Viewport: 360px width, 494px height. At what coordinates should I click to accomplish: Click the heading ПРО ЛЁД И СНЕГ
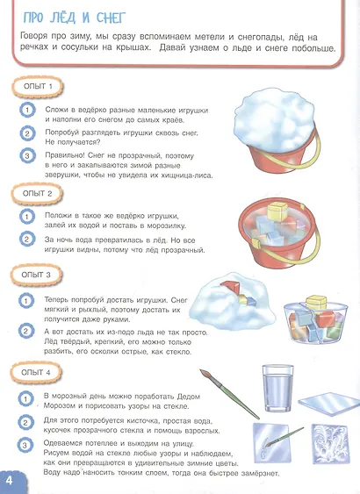(x=75, y=18)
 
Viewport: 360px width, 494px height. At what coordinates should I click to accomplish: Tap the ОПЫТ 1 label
(x=38, y=86)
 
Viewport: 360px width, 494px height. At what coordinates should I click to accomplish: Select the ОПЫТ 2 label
(x=37, y=193)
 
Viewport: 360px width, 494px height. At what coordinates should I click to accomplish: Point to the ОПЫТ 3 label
(x=36, y=275)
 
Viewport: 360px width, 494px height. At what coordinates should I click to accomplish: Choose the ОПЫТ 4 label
(x=36, y=372)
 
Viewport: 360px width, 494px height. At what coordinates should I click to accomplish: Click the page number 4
(x=10, y=481)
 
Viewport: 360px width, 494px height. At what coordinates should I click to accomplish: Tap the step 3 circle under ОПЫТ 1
(x=27, y=156)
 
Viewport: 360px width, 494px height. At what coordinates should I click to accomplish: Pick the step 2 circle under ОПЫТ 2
(x=27, y=240)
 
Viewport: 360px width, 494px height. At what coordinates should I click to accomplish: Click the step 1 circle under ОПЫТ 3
(x=26, y=301)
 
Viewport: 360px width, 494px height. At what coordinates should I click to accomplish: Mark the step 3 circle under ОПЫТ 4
(x=25, y=446)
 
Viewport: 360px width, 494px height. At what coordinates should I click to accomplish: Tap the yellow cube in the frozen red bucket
(x=277, y=211)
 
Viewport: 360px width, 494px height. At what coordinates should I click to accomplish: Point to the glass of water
(x=277, y=388)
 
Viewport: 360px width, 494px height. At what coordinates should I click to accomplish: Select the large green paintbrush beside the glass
(x=229, y=394)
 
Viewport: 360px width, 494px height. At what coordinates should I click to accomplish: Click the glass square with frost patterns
(x=330, y=444)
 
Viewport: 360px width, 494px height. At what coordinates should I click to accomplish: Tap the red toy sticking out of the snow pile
(x=231, y=288)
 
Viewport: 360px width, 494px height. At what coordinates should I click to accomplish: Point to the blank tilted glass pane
(x=329, y=404)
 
